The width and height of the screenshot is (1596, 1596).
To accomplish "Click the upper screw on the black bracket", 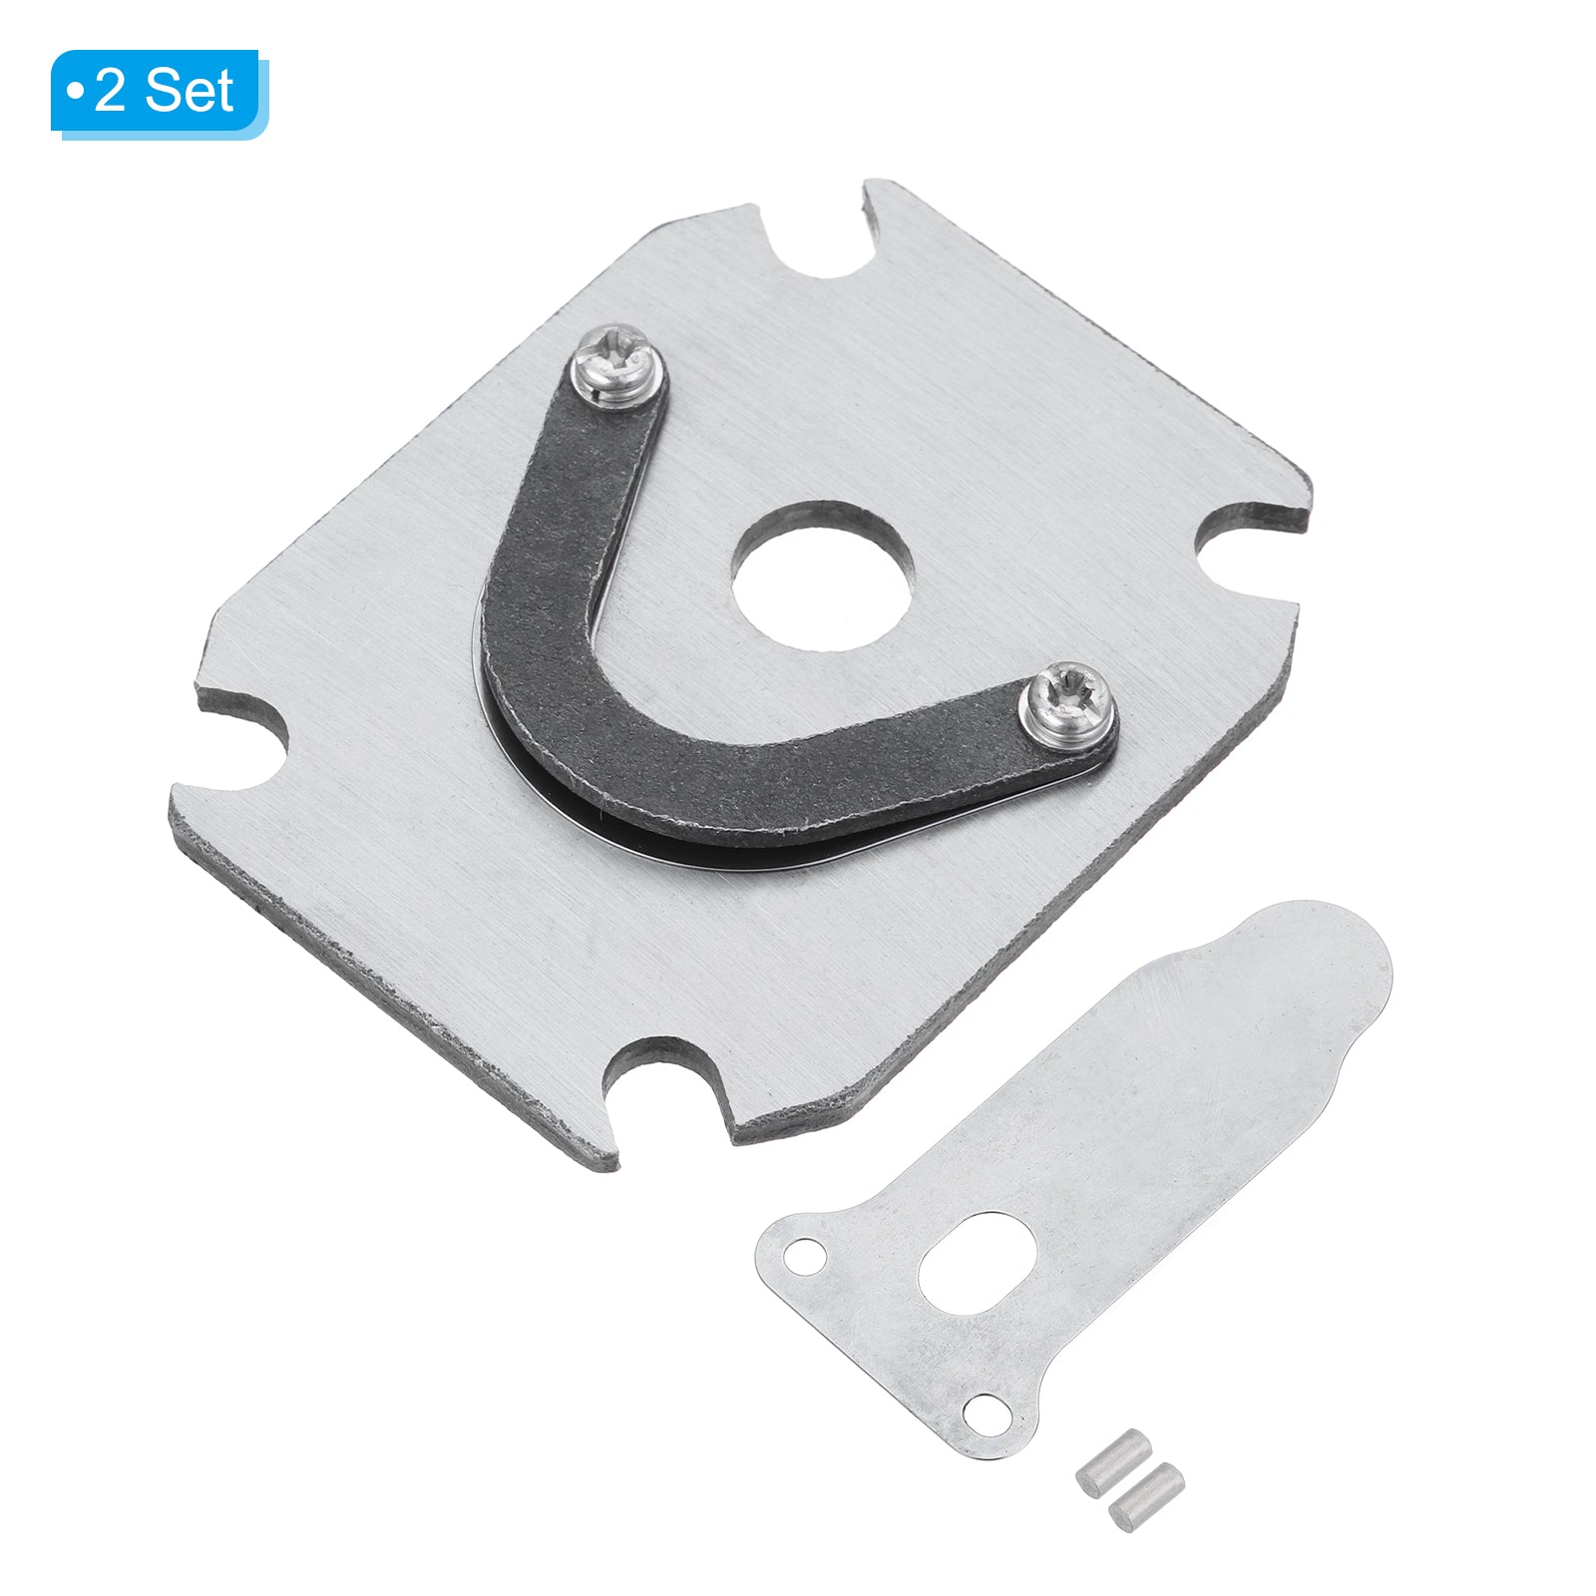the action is [x=616, y=366].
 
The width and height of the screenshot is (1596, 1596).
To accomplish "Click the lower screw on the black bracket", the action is [x=1065, y=702].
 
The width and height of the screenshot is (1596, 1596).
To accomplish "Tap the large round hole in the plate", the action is [x=823, y=577].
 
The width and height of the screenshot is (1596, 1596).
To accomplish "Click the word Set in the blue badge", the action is [x=189, y=91].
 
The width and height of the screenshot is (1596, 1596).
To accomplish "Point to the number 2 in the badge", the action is [x=110, y=92].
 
